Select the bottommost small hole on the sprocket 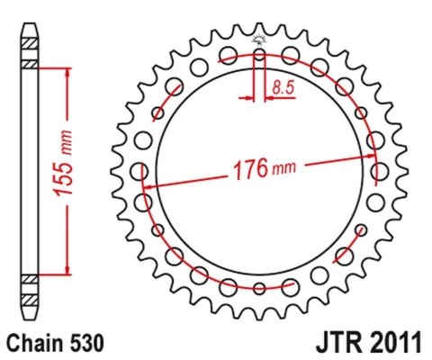point(259,289)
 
